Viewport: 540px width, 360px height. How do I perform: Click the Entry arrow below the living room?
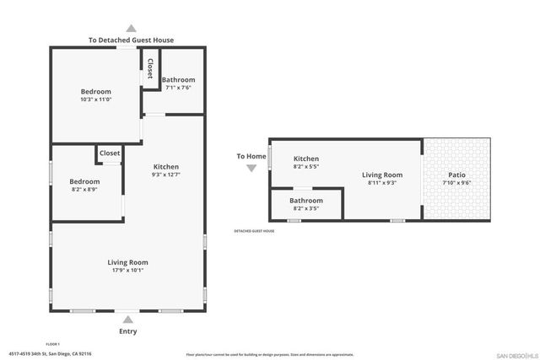(x=128, y=320)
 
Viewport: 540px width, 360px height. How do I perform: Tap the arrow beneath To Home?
(x=251, y=168)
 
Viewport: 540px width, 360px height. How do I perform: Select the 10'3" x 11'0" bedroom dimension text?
(x=96, y=99)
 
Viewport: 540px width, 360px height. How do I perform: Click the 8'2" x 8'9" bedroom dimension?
(x=84, y=190)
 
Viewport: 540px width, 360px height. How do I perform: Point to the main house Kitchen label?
(x=165, y=166)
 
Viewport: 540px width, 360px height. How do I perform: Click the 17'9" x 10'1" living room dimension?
(x=127, y=271)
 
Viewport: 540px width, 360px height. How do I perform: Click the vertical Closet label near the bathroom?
(x=150, y=69)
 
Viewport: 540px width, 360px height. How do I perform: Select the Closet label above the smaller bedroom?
(x=110, y=153)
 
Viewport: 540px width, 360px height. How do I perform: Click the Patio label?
(x=456, y=175)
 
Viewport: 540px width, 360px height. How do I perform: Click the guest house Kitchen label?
(x=306, y=159)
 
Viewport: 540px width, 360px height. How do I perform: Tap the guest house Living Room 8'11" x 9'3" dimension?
(x=382, y=182)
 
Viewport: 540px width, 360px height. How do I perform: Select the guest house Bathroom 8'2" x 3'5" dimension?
(x=305, y=208)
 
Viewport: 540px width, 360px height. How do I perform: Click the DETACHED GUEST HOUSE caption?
(x=254, y=231)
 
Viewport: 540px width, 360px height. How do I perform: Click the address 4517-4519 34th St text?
(x=50, y=354)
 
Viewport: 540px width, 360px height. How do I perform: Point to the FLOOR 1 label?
(x=52, y=344)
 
